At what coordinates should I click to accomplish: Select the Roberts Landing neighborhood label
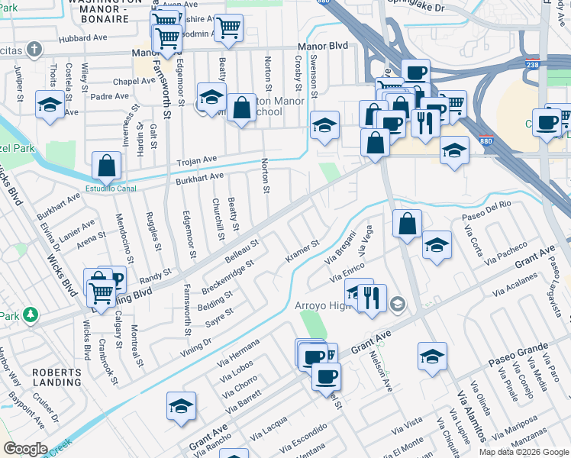56,376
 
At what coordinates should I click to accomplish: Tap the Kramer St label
302,251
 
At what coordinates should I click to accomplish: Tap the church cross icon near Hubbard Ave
33,50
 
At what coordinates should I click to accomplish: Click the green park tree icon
30,314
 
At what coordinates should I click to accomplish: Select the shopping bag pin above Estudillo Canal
107,165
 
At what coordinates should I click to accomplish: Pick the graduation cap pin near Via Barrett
181,406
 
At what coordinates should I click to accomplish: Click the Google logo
25,449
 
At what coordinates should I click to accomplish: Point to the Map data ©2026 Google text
523,452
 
